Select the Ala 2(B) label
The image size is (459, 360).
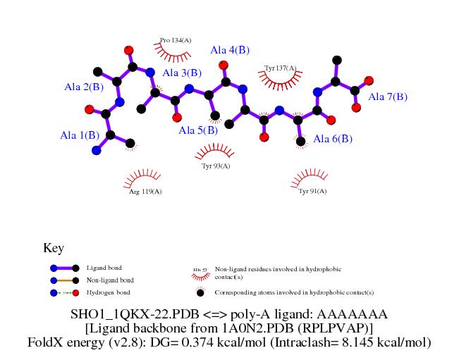84,87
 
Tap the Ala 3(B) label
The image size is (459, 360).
182,73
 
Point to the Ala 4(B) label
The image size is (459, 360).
230,50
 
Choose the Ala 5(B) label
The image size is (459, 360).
198,130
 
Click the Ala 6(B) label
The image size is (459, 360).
333,139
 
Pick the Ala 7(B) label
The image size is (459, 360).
388,97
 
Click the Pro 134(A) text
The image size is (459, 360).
176,40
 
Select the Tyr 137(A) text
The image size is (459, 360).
280,68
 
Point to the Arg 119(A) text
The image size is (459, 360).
145,191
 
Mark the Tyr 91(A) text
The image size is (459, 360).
312,191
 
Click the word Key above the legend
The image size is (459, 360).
54,248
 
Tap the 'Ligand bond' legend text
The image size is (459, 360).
104,268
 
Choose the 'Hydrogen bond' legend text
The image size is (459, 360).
107,292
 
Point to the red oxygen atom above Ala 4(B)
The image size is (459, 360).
224,65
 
